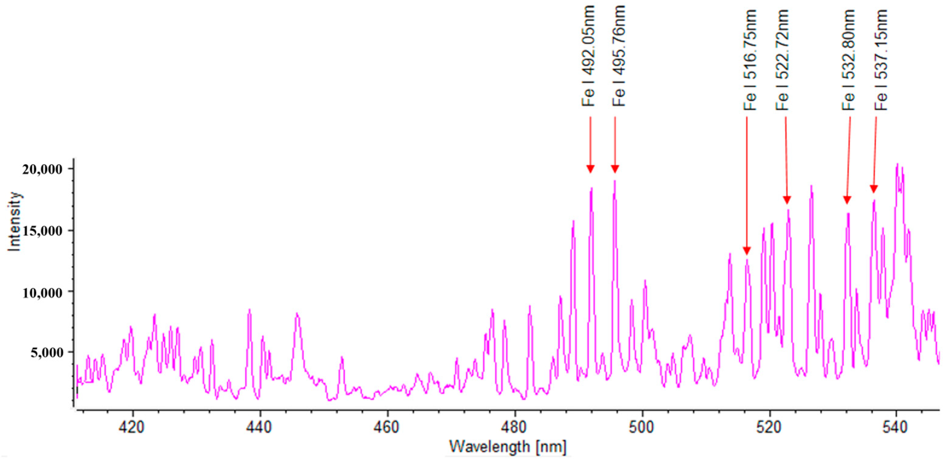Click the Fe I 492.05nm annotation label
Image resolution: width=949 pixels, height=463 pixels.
point(588,56)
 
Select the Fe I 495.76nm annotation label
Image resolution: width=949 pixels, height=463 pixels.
point(619,56)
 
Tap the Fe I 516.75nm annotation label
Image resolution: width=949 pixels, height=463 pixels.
point(750,60)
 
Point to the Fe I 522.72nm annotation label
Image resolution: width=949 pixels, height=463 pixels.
point(782,60)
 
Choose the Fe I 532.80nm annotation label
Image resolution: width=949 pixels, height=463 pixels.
point(848,60)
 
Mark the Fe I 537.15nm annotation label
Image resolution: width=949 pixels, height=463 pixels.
point(881,60)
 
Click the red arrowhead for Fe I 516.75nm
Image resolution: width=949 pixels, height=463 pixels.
point(747,251)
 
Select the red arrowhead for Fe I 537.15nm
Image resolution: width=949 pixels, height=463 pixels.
point(873,189)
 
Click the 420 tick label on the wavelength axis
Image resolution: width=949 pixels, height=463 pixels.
point(131,427)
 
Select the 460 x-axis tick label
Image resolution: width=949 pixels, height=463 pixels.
point(387,427)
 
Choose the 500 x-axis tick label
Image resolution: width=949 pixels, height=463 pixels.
point(642,427)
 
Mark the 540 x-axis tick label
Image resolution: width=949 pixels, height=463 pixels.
point(896,427)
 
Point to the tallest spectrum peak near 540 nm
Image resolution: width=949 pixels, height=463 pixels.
point(897,164)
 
